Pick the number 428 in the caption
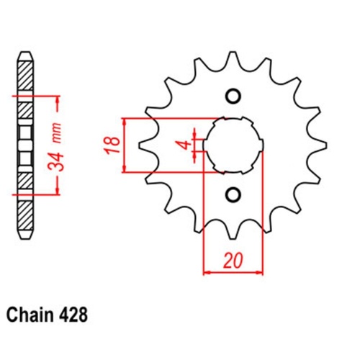tap(77, 315)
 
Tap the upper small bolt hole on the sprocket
tap(233, 96)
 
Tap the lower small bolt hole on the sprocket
tap(233, 194)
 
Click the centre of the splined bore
tap(233, 145)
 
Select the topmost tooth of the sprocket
tap(233, 58)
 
